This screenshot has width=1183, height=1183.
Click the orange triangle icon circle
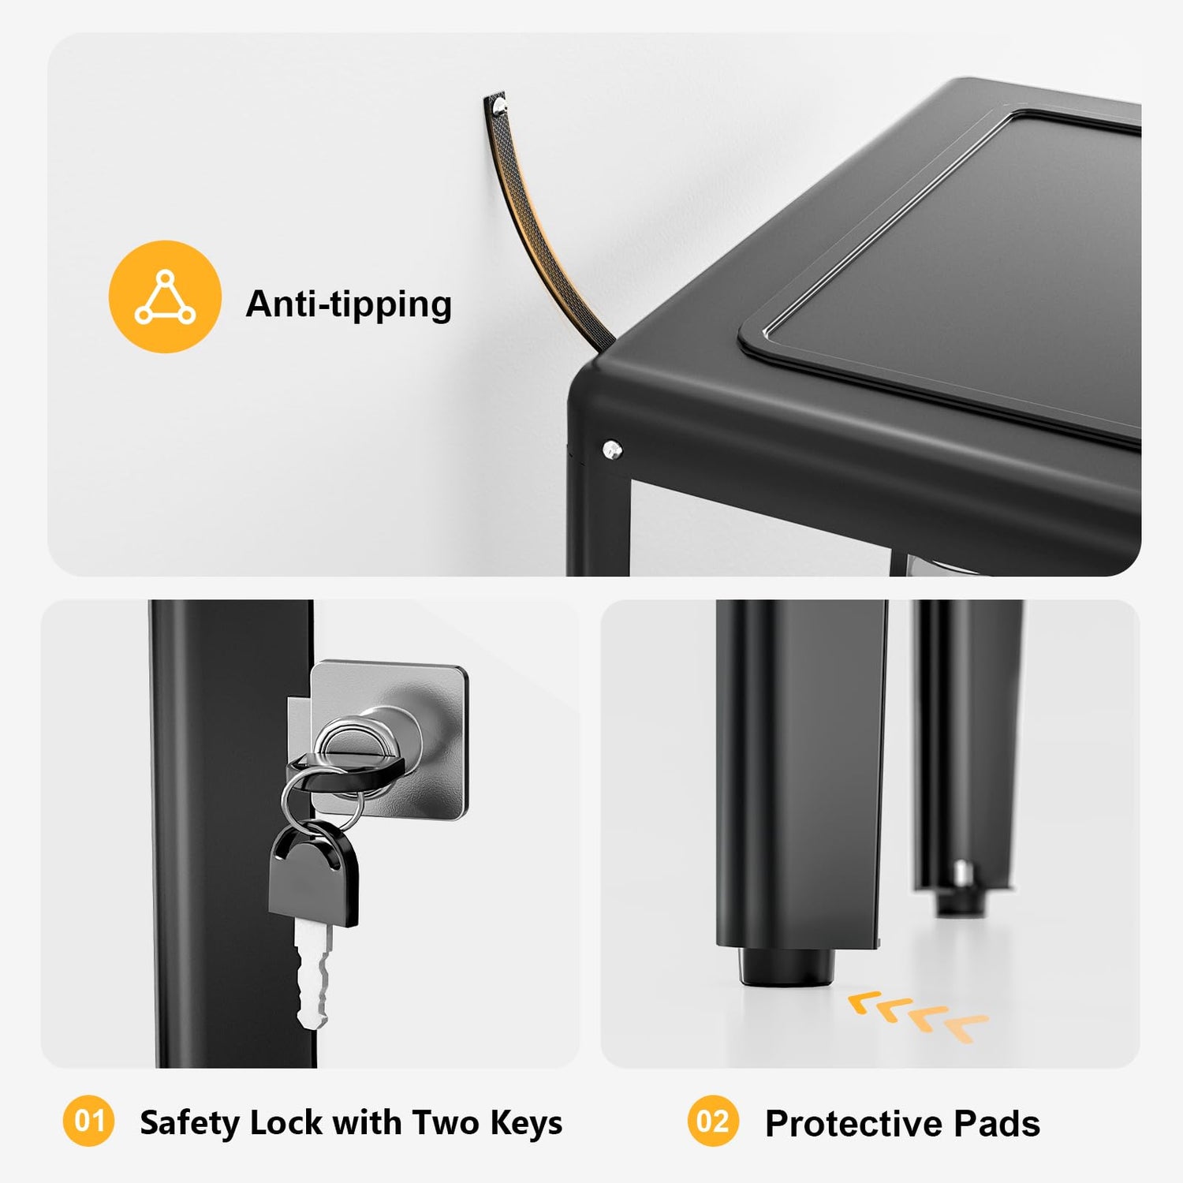point(165,297)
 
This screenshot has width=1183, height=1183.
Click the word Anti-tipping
point(349,304)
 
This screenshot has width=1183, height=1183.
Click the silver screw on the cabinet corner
point(612,450)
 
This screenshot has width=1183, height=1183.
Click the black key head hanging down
point(313,875)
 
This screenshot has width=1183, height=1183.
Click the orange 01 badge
point(88,1121)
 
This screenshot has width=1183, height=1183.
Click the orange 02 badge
point(713,1121)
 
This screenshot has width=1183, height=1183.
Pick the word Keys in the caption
point(526,1123)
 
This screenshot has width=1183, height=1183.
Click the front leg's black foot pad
point(787,966)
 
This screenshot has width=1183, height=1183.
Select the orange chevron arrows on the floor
point(918,1015)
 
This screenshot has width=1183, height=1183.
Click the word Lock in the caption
point(286,1123)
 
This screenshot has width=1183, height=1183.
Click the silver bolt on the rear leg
point(961,872)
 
